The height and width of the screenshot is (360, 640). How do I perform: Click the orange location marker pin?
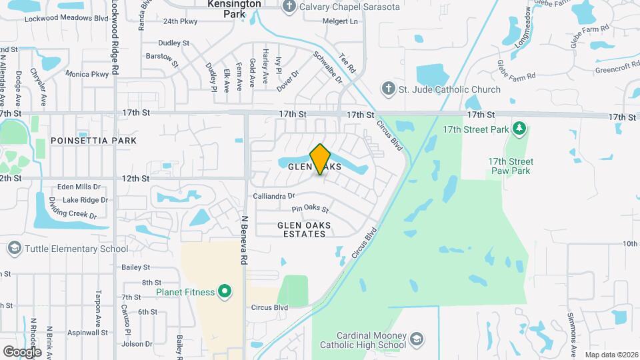[321, 159]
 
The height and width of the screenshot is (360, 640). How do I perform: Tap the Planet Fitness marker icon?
[225, 291]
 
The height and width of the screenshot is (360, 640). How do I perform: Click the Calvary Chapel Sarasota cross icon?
[288, 7]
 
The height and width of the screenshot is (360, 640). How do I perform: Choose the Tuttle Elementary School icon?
[13, 249]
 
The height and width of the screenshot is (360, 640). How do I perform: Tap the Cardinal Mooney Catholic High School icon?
[417, 339]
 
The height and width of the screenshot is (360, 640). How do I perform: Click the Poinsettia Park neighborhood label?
[93, 141]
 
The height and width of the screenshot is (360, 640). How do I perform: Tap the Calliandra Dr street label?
[274, 196]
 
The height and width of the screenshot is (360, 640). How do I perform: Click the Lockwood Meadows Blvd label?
[66, 18]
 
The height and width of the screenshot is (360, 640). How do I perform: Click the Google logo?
[22, 351]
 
